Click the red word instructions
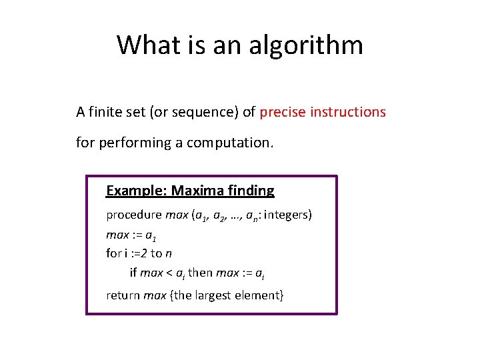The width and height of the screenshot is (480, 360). (349, 112)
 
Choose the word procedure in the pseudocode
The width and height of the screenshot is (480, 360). (133, 215)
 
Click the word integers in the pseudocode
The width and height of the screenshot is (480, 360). (288, 215)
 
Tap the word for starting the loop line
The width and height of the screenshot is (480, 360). (113, 253)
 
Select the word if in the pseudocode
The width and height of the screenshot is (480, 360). (133, 273)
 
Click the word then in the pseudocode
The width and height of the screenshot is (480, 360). (201, 273)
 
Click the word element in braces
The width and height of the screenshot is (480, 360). (261, 295)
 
